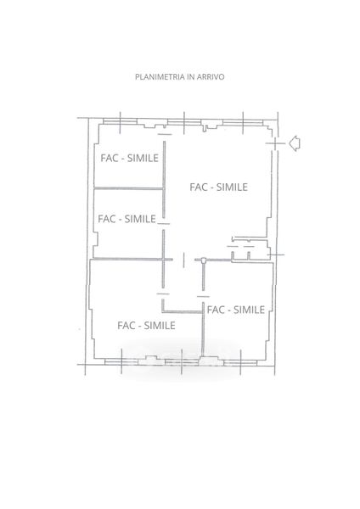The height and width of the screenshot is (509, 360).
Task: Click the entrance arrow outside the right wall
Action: click(x=295, y=143)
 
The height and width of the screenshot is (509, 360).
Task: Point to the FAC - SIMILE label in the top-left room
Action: click(x=129, y=158)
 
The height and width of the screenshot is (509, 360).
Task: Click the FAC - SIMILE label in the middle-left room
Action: click(x=127, y=219)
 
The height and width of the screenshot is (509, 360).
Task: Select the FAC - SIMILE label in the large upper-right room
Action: click(x=219, y=187)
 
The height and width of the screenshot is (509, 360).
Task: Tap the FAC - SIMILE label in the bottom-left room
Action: click(x=146, y=325)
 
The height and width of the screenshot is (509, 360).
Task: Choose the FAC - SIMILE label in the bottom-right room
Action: click(x=236, y=310)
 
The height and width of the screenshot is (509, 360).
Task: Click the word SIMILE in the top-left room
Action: click(x=143, y=158)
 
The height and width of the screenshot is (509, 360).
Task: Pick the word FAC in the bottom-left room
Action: click(x=126, y=325)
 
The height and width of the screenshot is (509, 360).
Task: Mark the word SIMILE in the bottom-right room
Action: click(x=250, y=310)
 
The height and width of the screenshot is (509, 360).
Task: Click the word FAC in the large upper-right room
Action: click(x=198, y=187)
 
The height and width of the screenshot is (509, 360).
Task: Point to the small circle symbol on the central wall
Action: click(x=204, y=260)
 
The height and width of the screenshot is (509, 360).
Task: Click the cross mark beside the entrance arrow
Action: click(x=276, y=143)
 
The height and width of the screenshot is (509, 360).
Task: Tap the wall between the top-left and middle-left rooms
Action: click(x=129, y=188)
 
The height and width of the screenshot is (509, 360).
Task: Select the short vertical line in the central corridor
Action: click(x=184, y=260)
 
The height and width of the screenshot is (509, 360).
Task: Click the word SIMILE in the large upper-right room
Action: click(x=233, y=187)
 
